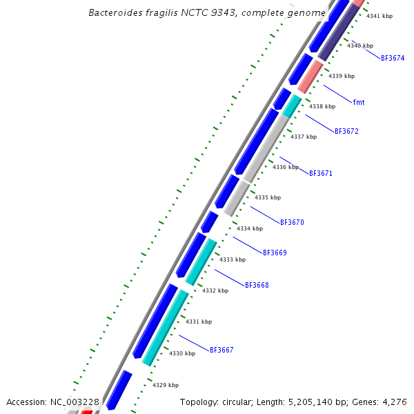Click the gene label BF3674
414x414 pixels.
tap(393, 58)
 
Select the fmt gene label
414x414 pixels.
tap(359, 102)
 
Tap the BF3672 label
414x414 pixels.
tap(346, 131)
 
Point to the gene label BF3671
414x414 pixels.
tap(321, 173)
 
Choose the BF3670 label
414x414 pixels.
tap(292, 222)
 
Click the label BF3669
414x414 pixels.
tap(275, 253)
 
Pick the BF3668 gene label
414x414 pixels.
tap(257, 285)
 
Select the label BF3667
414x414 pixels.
tap(221, 350)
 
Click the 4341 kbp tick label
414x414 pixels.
tap(379, 16)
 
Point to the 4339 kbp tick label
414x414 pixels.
tap(342, 76)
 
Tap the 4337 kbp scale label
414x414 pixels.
tap(304, 137)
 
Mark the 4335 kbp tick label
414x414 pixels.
tap(268, 197)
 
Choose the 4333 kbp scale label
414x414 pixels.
tap(233, 259)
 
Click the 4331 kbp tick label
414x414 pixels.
tap(199, 322)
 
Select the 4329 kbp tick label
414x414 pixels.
tap(166, 385)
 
